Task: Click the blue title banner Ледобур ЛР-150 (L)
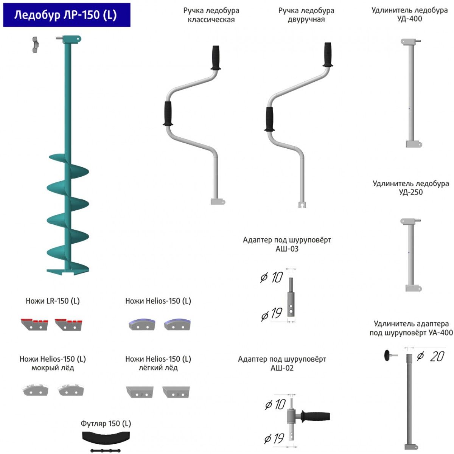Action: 66,15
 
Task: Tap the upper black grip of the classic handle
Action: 216,58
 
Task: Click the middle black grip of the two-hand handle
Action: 269,119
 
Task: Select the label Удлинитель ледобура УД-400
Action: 409,14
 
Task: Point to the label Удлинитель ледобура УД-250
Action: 410,188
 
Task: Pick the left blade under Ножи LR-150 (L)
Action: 34,324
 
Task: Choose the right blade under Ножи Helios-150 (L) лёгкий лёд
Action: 176,392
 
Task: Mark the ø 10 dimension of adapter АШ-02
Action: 275,404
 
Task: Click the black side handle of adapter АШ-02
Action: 316,417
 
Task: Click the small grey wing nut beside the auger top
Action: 35,45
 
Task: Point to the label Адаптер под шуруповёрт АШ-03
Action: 287,244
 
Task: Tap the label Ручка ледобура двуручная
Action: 306,15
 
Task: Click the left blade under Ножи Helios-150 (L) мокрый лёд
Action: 36,390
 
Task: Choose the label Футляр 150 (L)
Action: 106,423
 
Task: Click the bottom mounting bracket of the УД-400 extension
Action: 414,144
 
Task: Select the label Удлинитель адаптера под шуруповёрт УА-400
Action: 411,328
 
